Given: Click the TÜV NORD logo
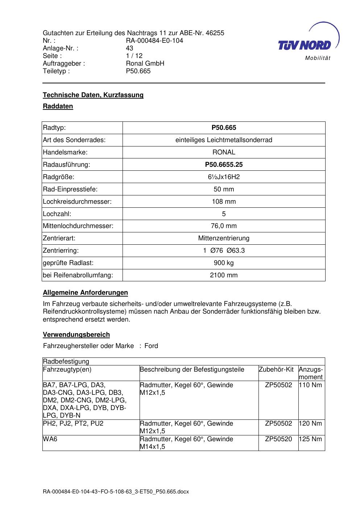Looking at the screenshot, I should click(x=307, y=43).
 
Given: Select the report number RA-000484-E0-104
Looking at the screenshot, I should click(x=154, y=41).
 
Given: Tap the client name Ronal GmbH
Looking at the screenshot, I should click(x=145, y=63).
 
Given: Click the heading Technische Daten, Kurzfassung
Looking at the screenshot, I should click(x=93, y=95).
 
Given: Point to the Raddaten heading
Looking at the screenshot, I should click(x=58, y=106).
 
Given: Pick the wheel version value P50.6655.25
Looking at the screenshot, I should click(x=224, y=165).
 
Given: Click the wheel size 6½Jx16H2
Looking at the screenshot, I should click(x=224, y=177).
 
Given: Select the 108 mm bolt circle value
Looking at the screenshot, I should click(x=224, y=202).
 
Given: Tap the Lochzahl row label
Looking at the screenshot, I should click(x=57, y=214).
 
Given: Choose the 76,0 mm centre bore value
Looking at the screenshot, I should click(x=224, y=226).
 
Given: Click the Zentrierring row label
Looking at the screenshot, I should click(x=61, y=251).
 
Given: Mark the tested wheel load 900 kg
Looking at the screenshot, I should click(x=224, y=263).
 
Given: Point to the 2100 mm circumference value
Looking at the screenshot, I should click(x=224, y=275).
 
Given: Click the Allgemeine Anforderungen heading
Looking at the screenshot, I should click(x=85, y=293).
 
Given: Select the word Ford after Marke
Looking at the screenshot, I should click(x=151, y=346).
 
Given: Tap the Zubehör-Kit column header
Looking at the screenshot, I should click(x=276, y=369).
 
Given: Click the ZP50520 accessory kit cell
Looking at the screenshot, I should click(x=278, y=439).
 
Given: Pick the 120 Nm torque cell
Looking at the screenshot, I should click(x=310, y=423).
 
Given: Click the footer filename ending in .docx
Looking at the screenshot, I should click(x=116, y=492).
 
